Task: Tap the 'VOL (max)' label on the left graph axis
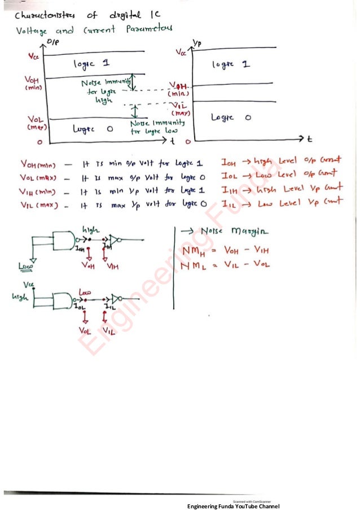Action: pos(35,123)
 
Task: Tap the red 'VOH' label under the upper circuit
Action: pos(88,265)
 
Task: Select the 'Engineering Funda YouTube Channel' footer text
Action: pos(233,505)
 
